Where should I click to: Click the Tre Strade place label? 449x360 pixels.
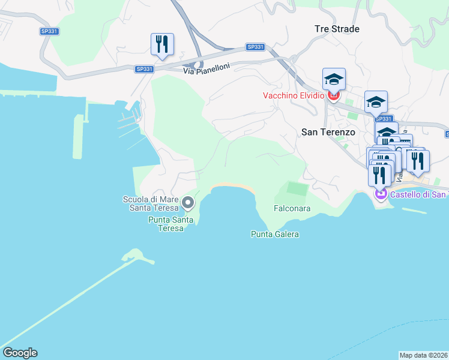337,29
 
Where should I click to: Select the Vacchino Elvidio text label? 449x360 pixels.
294,95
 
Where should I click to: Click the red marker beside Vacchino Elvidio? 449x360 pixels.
334,95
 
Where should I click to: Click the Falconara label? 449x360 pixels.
292,209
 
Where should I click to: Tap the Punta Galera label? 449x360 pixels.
274,234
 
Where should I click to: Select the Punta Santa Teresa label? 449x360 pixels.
171,224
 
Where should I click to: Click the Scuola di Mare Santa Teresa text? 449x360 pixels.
151,204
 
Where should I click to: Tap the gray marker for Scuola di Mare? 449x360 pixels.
188,203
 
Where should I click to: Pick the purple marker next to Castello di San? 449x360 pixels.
380,194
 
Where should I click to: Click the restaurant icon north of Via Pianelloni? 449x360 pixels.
162,44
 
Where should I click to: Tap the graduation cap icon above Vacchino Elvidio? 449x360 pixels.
334,79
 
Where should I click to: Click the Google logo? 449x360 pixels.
20,353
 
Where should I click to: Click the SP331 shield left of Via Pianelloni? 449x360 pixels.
145,69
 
